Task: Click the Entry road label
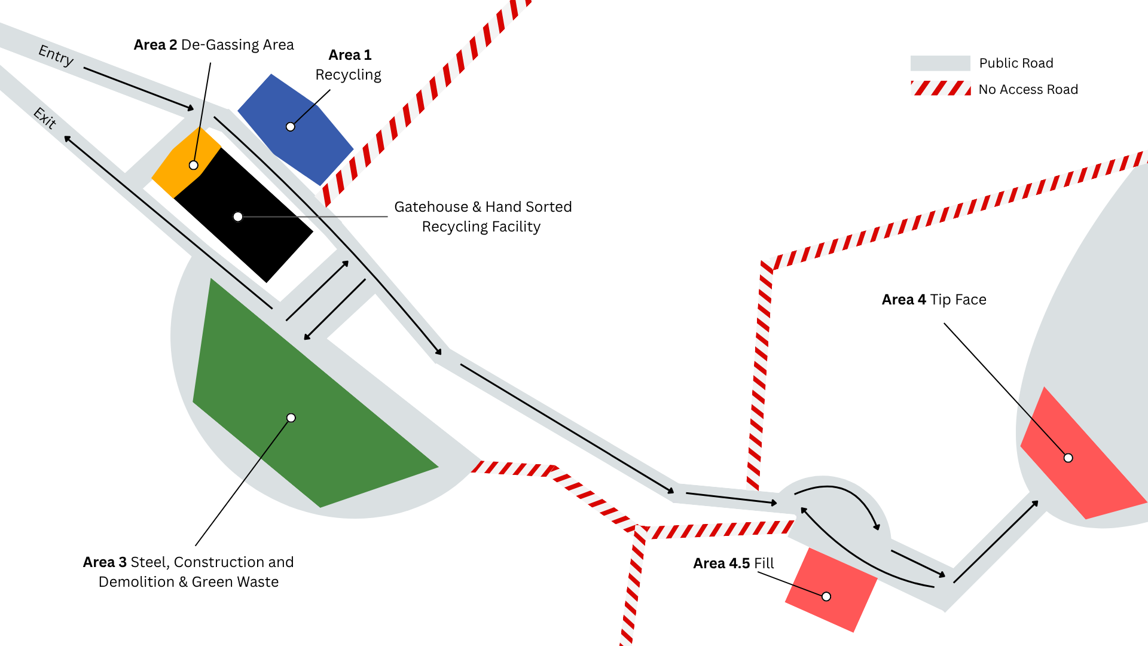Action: (x=56, y=55)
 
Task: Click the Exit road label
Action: (x=45, y=118)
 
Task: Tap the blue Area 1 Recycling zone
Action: (x=295, y=129)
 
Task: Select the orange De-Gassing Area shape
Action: (x=186, y=162)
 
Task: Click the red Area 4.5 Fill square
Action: (x=831, y=590)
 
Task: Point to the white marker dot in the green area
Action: (x=291, y=418)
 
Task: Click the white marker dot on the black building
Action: (x=238, y=217)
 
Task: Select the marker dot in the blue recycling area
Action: (x=291, y=127)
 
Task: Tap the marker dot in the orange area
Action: (x=194, y=165)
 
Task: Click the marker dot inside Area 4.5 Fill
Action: (x=826, y=596)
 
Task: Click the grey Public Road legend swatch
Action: (x=940, y=63)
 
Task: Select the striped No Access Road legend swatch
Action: (x=940, y=89)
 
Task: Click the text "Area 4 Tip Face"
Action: (x=934, y=300)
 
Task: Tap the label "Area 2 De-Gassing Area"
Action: (x=213, y=45)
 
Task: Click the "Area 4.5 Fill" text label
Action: (x=734, y=563)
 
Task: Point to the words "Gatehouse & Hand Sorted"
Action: (x=483, y=207)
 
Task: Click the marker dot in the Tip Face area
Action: (x=1068, y=458)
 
